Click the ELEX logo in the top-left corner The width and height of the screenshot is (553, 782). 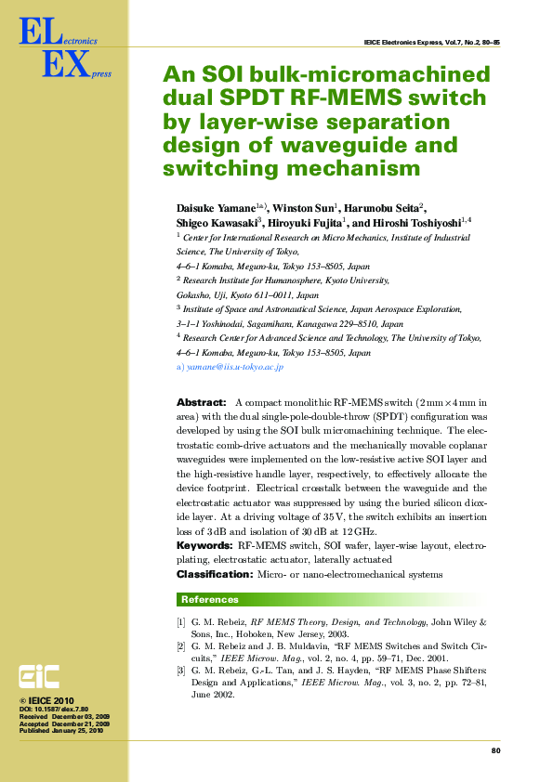[x=56, y=51]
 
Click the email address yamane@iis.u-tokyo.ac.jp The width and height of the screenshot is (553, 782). [x=233, y=368]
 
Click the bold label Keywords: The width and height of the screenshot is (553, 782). [x=204, y=546]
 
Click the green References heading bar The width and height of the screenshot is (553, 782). [x=331, y=600]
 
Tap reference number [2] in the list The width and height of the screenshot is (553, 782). [x=181, y=645]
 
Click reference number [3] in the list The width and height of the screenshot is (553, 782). [x=181, y=670]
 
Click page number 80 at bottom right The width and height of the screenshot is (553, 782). [x=495, y=750]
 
